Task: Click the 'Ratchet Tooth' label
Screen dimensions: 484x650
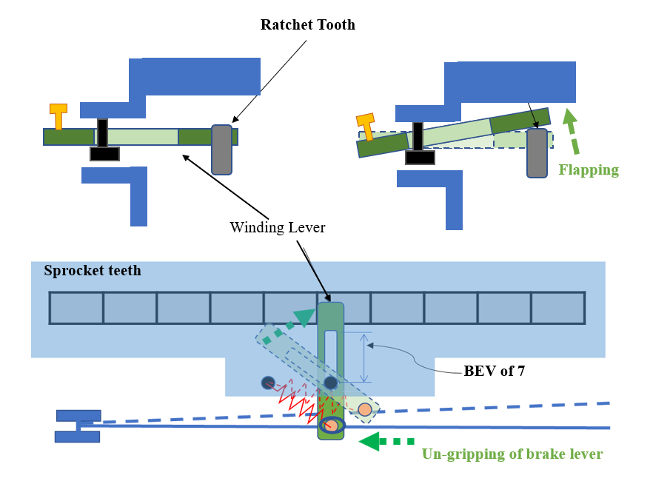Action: (x=307, y=25)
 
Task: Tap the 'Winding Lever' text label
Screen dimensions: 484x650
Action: (x=277, y=227)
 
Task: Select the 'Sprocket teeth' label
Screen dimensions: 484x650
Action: (x=93, y=271)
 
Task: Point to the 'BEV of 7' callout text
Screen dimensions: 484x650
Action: (x=495, y=371)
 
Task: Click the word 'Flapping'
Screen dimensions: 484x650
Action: (x=589, y=170)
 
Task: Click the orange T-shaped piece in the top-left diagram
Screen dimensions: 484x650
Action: (x=58, y=115)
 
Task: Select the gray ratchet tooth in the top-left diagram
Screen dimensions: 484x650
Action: (x=222, y=149)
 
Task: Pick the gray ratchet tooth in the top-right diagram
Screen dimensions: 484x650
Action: (x=537, y=153)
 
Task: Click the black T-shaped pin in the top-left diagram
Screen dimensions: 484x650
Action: (x=104, y=141)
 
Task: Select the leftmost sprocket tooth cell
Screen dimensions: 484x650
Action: (x=76, y=308)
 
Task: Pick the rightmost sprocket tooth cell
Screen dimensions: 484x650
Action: (x=557, y=308)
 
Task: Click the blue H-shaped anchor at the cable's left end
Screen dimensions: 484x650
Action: (x=77, y=426)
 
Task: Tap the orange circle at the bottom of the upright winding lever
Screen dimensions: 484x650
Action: (x=332, y=426)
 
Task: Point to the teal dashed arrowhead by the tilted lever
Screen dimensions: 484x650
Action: (x=304, y=317)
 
